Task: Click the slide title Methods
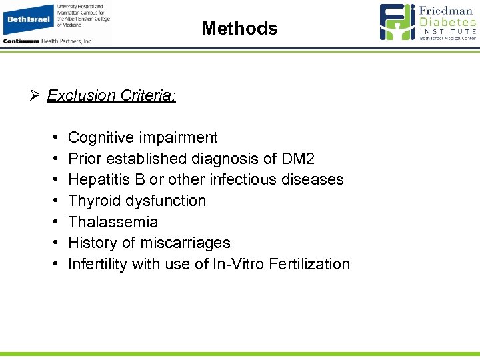click(x=239, y=29)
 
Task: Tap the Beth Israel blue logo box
click(x=29, y=19)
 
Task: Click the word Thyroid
click(x=93, y=201)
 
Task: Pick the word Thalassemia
click(x=113, y=222)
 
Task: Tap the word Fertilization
click(x=309, y=264)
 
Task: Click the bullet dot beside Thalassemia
click(x=53, y=222)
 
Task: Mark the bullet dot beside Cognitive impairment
click(x=53, y=137)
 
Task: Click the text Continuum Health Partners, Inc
click(x=47, y=41)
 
